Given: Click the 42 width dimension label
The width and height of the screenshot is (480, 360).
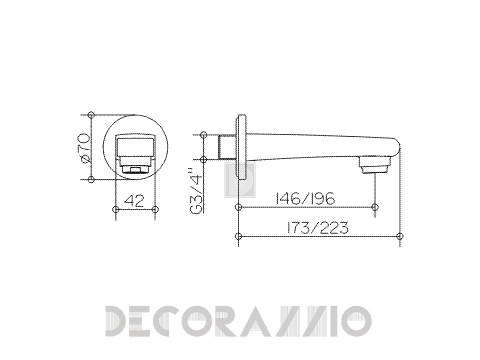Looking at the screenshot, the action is (135, 201).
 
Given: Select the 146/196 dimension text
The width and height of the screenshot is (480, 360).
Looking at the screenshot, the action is (305, 199).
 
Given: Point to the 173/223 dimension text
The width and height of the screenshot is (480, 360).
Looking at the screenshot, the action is (317, 228).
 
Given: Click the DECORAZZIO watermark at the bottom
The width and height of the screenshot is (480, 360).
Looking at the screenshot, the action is (239, 321).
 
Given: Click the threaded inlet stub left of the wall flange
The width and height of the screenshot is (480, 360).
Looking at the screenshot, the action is (228, 147).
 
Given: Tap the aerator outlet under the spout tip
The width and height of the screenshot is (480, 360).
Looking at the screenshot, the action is (375, 165).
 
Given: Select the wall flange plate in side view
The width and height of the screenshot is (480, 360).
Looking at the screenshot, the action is (241, 148).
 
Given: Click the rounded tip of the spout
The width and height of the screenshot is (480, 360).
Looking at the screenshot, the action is (396, 147).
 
